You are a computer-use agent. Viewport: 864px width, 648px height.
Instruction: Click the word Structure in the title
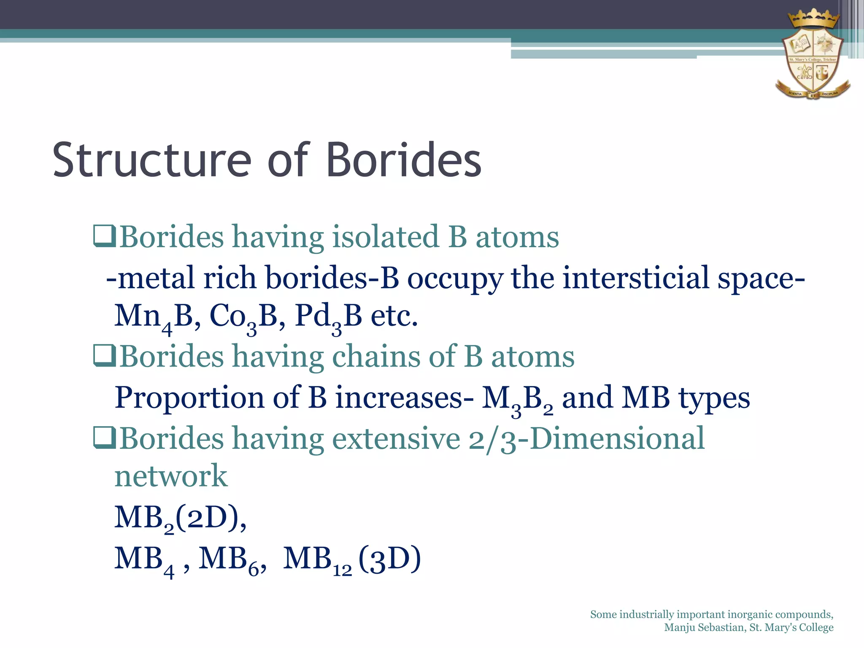point(152,160)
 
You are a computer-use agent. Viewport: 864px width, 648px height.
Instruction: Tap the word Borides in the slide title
point(404,160)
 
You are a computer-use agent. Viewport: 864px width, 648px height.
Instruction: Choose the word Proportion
point(189,397)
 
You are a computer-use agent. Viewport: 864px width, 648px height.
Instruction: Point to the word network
point(171,476)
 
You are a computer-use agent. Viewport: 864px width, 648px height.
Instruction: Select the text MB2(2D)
point(180,518)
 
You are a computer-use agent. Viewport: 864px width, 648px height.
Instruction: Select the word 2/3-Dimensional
point(586,439)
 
